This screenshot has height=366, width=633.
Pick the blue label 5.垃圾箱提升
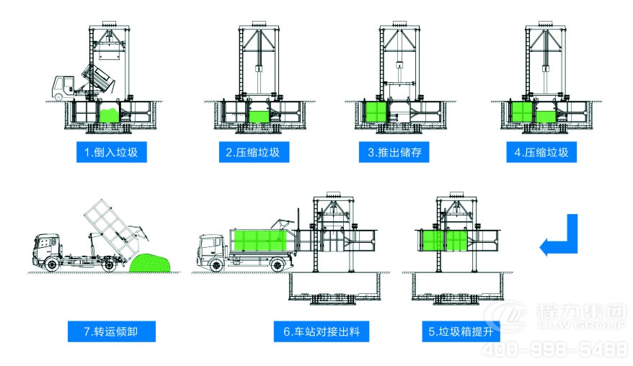pyautogui.click(x=459, y=331)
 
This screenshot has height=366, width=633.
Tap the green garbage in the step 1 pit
pyautogui.click(x=109, y=114)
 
